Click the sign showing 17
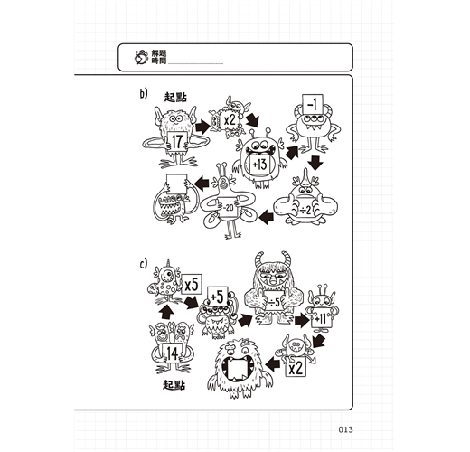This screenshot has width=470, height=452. point(177,141)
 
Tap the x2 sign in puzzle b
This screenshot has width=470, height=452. point(230,120)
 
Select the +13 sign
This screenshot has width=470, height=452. point(259,165)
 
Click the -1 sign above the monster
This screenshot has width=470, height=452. point(313,105)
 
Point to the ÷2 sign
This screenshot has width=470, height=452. point(305,209)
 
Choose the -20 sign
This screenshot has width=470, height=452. point(228,208)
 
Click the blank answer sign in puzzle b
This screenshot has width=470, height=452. point(177,184)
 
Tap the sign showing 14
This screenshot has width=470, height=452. point(172,353)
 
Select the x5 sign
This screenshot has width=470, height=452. point(192,285)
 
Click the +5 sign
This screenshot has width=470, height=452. point(217,297)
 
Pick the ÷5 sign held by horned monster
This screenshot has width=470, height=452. point(275,301)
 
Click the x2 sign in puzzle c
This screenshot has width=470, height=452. point(296,367)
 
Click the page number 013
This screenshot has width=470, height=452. point(345,429)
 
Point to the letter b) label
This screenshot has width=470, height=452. point(144,94)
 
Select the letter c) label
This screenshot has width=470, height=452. point(144,264)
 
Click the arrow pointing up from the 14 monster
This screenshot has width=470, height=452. point(166,313)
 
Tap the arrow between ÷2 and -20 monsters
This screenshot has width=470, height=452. point(267,217)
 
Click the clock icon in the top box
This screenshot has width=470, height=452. point(141,57)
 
